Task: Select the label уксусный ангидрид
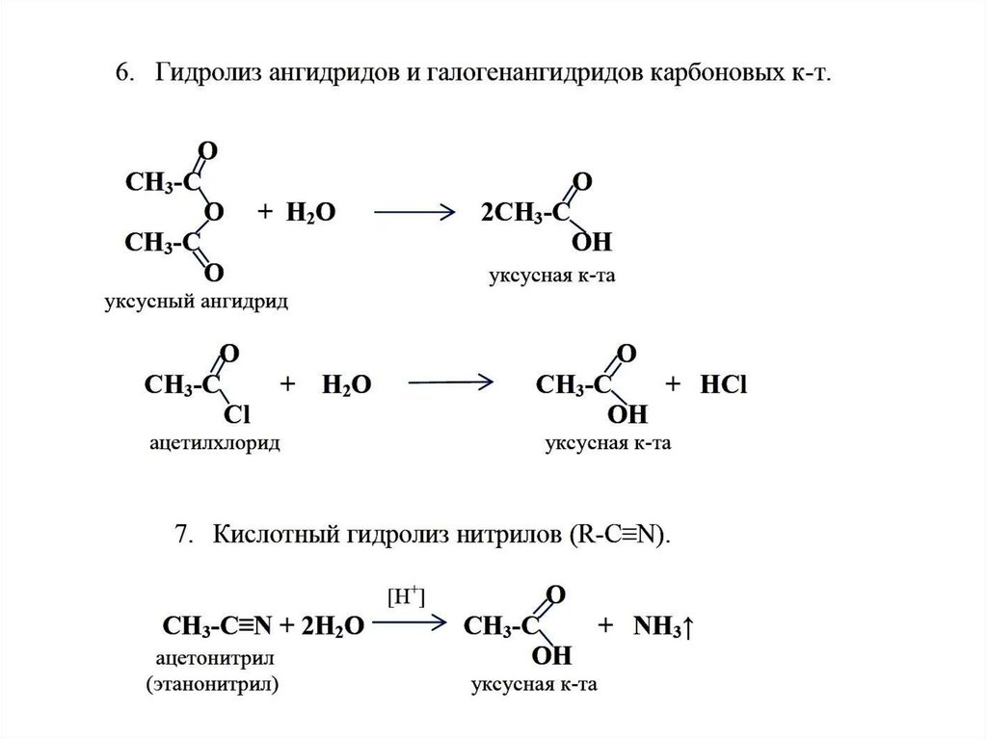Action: [197, 302]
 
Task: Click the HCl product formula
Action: [724, 385]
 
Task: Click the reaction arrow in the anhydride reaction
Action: [413, 212]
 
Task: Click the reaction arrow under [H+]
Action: [411, 623]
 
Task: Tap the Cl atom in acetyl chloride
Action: [236, 414]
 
